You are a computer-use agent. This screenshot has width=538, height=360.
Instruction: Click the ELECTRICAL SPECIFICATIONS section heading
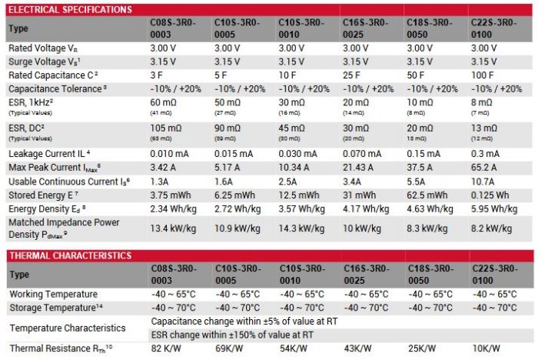69,9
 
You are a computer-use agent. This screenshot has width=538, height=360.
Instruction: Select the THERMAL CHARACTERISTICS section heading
69,255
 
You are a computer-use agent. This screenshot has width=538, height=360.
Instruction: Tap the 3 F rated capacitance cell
157,75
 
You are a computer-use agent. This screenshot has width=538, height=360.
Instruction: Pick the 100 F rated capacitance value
481,75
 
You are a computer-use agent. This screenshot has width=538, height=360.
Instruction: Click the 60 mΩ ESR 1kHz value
164,102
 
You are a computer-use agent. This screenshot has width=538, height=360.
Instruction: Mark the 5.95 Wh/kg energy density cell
491,208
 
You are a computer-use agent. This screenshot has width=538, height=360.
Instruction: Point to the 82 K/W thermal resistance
166,348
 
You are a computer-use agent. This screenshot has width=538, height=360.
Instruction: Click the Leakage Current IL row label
50,154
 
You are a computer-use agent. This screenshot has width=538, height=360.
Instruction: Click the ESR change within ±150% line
232,335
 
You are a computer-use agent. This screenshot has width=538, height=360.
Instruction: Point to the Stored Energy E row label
43,195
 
